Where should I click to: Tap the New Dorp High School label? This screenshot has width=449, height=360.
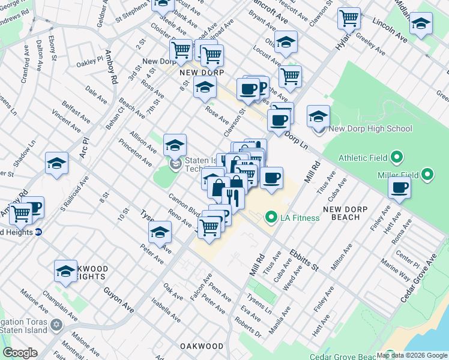click(x=370, y=128)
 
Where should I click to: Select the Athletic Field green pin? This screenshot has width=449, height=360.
click(x=396, y=158)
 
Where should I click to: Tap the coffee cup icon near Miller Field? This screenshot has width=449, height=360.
click(x=399, y=187)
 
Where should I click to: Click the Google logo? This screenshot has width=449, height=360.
click(x=20, y=353)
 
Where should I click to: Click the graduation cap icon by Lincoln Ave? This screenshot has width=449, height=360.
click(x=421, y=24)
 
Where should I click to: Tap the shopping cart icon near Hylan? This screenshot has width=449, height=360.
click(x=349, y=18)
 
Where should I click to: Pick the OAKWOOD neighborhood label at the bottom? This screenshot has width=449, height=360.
click(x=202, y=346)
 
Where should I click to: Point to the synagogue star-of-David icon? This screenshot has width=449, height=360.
click(x=56, y=325)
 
